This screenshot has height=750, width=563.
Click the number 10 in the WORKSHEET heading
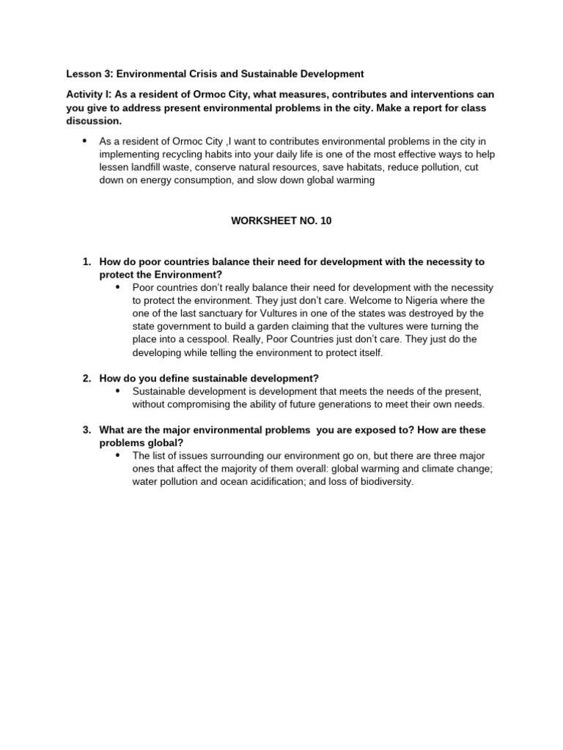click(325, 220)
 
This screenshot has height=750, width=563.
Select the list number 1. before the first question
click(87, 261)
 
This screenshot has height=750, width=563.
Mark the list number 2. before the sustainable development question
click(87, 378)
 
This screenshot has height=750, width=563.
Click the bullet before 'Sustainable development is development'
click(117, 391)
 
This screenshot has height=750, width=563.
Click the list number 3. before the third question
click(87, 430)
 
